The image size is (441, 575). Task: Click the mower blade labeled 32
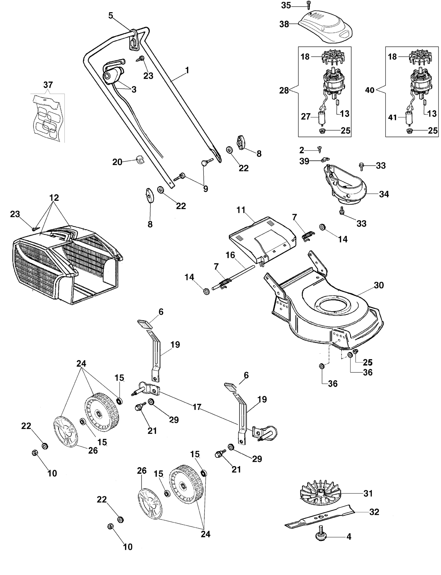(x=320, y=516)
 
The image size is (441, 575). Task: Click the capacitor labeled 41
(x=409, y=118)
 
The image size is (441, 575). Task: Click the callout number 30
(x=379, y=285)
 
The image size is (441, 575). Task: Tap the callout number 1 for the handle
(x=187, y=70)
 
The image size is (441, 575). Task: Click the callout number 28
(x=284, y=91)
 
